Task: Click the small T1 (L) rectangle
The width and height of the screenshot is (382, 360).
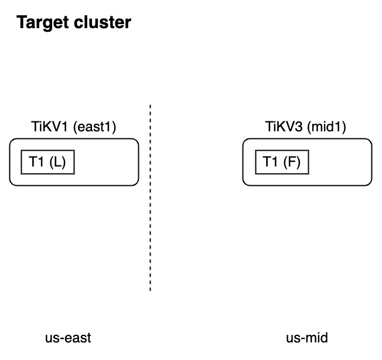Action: [x=48, y=162]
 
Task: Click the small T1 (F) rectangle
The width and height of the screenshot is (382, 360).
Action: [x=282, y=162]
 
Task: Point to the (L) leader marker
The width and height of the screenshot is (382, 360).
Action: [x=57, y=162]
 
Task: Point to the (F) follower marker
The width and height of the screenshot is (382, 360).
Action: [x=291, y=162]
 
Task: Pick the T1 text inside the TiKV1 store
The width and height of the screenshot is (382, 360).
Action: [x=37, y=162]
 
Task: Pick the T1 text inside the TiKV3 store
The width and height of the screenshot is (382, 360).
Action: [x=271, y=162]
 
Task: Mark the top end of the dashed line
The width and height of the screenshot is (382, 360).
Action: [x=151, y=106]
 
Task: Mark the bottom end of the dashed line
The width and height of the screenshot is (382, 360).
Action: [x=151, y=290]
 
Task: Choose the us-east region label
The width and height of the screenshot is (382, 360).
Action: [x=68, y=338]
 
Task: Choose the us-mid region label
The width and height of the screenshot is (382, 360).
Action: [x=306, y=338]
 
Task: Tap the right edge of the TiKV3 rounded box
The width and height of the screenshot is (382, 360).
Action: [x=372, y=162]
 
